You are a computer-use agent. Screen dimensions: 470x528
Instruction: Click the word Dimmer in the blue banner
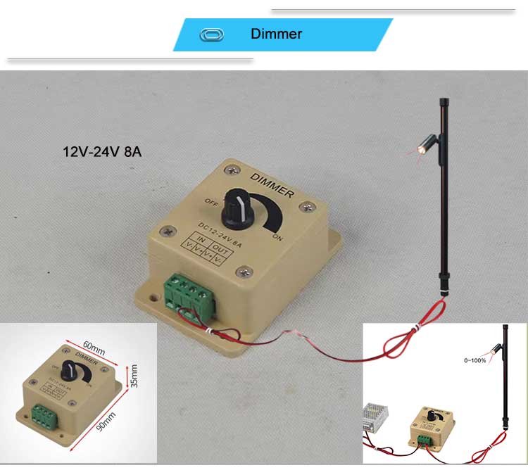276,34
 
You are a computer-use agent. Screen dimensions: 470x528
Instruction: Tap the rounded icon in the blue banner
211,34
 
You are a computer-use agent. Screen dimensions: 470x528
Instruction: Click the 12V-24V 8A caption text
103,151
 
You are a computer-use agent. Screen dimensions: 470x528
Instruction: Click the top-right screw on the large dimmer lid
306,207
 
